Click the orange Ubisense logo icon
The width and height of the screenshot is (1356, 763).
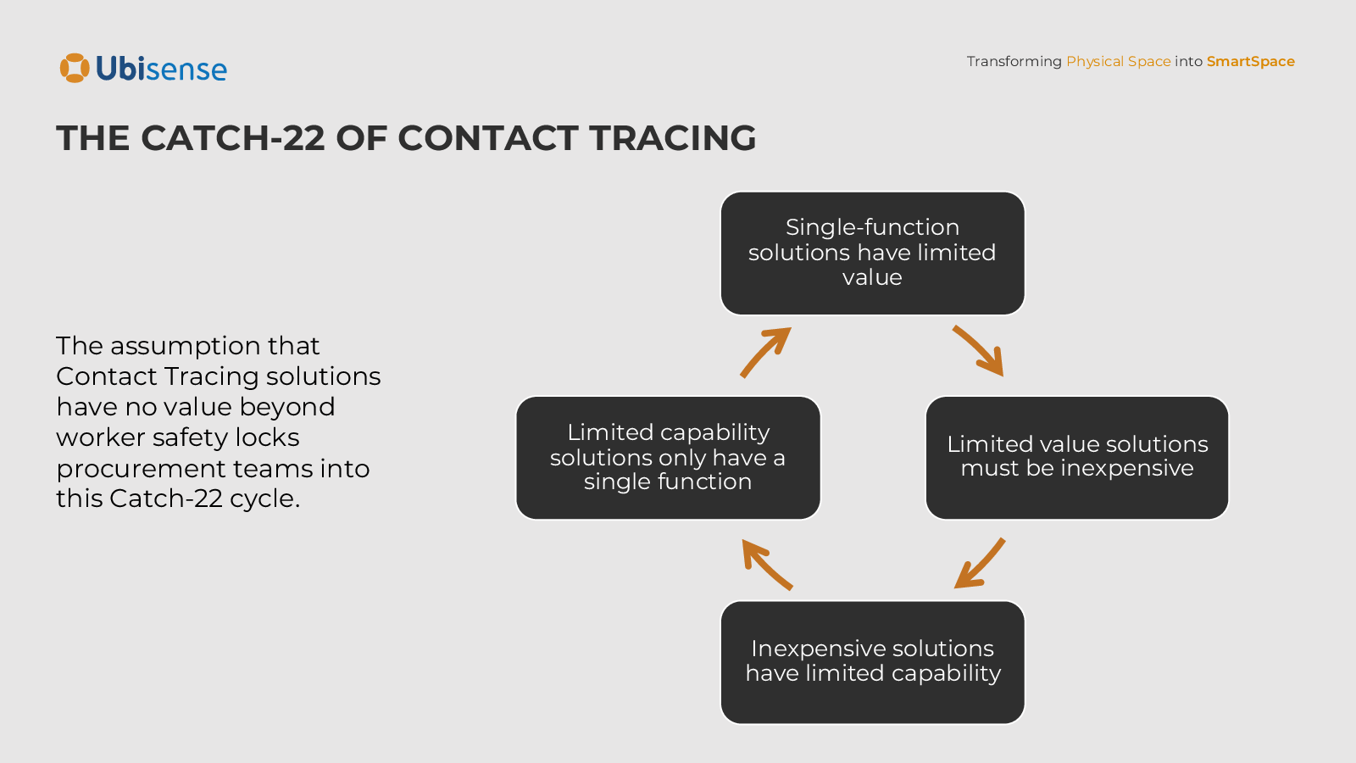coord(75,69)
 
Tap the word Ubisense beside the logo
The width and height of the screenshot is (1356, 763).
coord(161,69)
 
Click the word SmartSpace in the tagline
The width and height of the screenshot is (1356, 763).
coord(1250,61)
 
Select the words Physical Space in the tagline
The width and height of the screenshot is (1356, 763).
coord(1118,61)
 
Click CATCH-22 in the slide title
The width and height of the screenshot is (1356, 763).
coord(233,138)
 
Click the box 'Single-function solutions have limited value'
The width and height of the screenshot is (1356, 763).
coord(872,253)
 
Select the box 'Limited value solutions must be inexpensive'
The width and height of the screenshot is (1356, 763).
coord(1076,457)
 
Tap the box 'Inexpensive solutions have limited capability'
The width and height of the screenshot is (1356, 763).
coord(872,662)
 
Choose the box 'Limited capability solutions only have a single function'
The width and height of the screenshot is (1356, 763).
coord(668,457)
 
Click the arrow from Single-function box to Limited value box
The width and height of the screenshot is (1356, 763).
coord(979,350)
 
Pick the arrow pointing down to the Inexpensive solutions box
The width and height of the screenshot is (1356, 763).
coord(980,563)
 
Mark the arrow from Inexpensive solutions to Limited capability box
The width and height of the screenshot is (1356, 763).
coord(766,564)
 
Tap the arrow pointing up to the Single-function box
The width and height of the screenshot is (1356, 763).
coord(765,352)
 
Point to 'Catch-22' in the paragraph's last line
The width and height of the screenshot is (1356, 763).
coord(166,498)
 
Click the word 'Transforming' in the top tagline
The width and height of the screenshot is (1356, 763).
coord(1014,61)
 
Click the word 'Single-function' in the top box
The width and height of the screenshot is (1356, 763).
coord(872,227)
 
